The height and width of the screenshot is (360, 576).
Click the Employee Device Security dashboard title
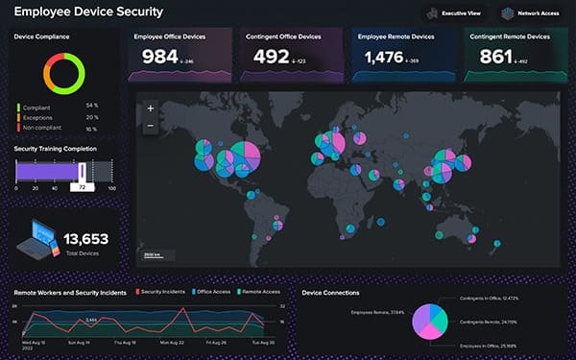[87, 12]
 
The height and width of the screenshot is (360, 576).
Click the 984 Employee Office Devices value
[160, 58]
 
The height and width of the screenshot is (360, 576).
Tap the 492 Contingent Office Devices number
[272, 58]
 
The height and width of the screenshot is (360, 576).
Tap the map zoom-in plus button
[150, 108]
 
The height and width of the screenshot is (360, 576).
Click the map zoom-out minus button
[150, 125]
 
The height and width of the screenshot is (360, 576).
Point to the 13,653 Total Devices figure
[86, 238]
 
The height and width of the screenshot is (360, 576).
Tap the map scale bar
[153, 256]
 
